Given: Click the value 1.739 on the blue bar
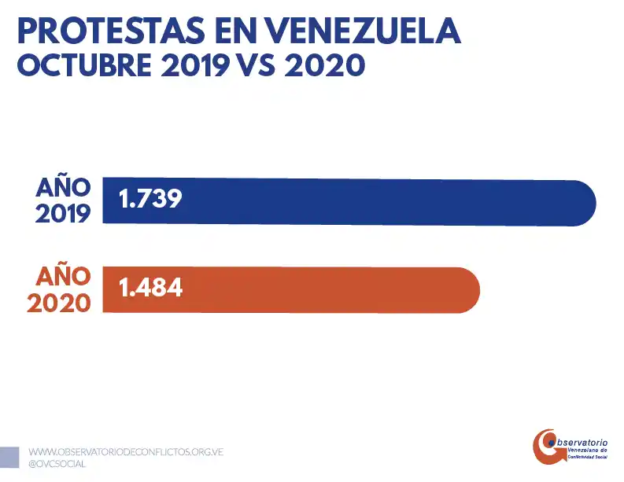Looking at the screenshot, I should (150, 199).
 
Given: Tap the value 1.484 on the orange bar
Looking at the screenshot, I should (150, 288).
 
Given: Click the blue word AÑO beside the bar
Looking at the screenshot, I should (63, 188).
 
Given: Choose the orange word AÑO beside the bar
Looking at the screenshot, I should (63, 277).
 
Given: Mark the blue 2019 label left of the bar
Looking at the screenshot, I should (63, 214).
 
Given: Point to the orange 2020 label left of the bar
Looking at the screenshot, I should (59, 303).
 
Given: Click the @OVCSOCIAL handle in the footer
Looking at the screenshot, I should (57, 464).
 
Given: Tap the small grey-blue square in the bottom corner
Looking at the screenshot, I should (9, 457).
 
